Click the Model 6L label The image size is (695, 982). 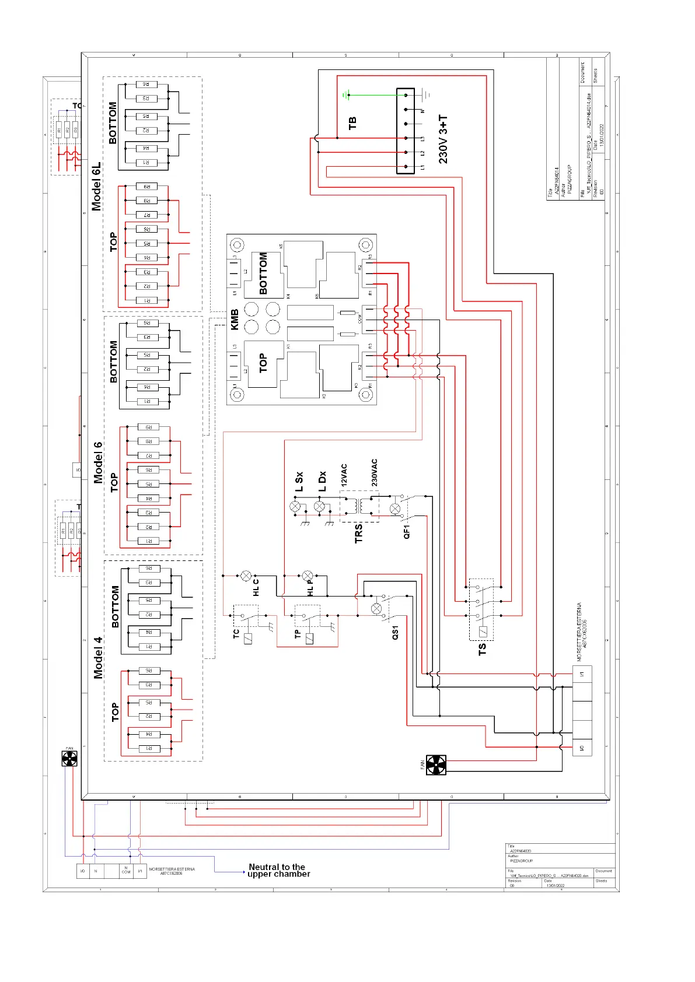click(x=96, y=186)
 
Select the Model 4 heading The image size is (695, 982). click(x=98, y=657)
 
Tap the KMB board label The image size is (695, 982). click(x=235, y=320)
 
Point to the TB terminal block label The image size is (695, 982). click(x=352, y=123)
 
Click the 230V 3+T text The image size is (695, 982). click(x=443, y=139)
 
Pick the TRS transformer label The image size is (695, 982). click(x=358, y=533)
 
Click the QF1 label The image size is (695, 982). click(x=407, y=531)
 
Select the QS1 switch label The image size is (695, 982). click(x=395, y=633)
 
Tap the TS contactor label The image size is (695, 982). click(x=482, y=649)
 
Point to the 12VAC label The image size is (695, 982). click(x=344, y=475)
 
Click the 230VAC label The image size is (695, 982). click(x=374, y=472)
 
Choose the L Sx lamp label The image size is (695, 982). click(x=299, y=482)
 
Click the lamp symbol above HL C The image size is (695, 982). click(x=246, y=576)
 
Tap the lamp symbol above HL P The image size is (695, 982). click(x=308, y=576)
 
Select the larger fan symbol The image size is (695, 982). click(x=436, y=765)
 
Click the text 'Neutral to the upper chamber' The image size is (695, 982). click(x=278, y=871)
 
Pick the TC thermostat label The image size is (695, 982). click(x=236, y=634)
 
